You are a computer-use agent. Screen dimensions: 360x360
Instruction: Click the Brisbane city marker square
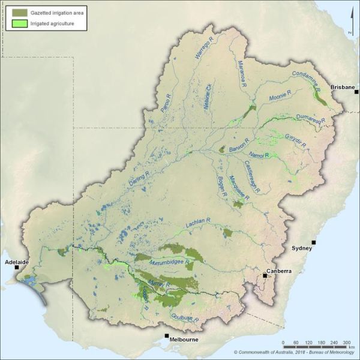[x=356, y=92]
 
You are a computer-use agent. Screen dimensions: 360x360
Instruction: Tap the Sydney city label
[x=302, y=248]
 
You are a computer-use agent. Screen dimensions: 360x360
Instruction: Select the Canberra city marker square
[x=265, y=275]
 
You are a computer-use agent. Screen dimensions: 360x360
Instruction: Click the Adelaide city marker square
[x=16, y=268]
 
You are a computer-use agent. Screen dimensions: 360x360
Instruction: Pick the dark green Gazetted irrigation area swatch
[x=20, y=12]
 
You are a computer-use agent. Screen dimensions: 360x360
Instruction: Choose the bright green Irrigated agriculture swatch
[x=20, y=24]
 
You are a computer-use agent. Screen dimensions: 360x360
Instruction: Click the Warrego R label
[x=203, y=48]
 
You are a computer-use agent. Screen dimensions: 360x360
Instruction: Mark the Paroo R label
[x=166, y=104]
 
